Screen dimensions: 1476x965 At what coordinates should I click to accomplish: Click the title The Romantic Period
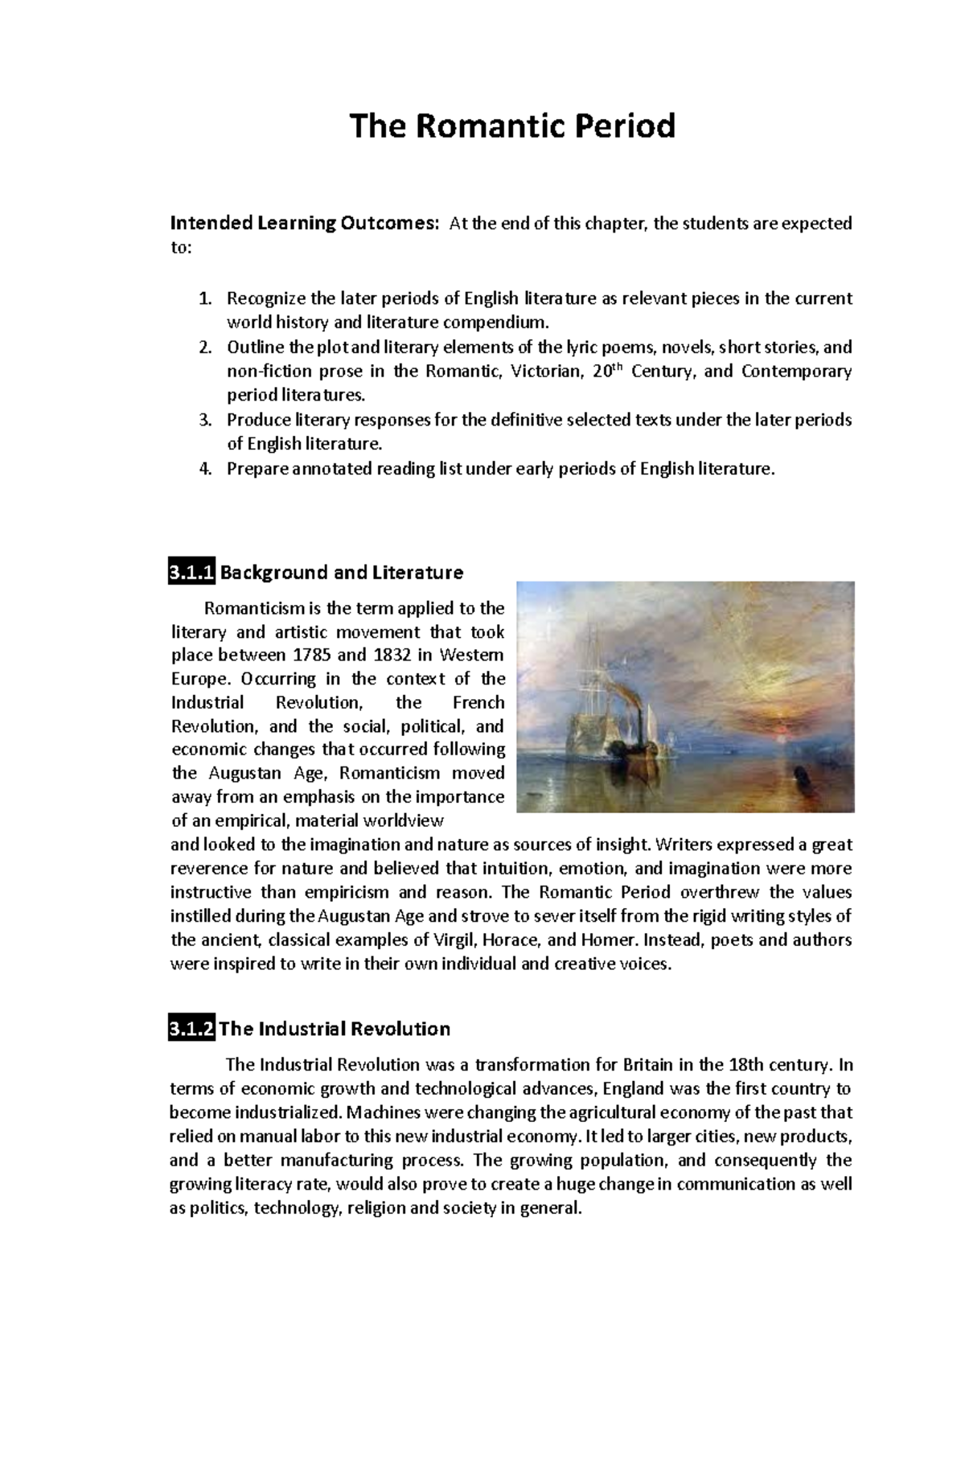click(511, 126)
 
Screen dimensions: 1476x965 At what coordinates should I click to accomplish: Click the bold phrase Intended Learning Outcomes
click(306, 224)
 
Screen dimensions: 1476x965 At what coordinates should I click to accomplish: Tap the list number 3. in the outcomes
click(205, 420)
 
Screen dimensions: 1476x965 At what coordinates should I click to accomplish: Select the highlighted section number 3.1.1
click(191, 573)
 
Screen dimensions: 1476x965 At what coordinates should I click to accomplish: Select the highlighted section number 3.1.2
click(191, 1029)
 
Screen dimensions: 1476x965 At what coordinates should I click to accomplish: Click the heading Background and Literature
click(342, 573)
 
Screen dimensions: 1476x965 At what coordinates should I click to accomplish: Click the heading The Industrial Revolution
click(335, 1029)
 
